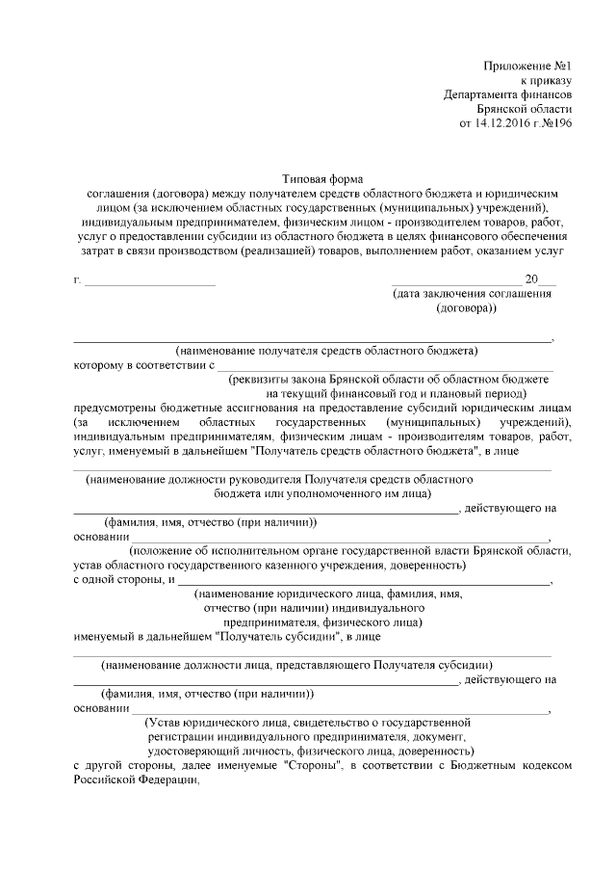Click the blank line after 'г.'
click(150, 282)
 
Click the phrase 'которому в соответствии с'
click(143, 366)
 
